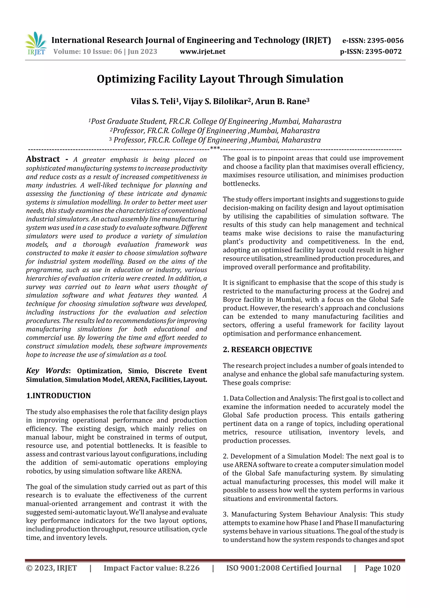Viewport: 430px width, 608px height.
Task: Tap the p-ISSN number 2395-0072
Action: pos(383,51)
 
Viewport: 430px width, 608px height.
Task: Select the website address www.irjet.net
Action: pos(202,51)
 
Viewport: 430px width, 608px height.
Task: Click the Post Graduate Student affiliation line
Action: pos(215,121)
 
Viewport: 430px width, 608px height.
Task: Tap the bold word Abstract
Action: pos(43,159)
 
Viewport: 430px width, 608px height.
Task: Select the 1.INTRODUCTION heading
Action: pos(58,396)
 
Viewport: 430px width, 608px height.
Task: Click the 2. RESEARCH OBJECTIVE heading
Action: pos(267,350)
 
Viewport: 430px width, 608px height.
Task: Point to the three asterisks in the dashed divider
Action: pos(215,148)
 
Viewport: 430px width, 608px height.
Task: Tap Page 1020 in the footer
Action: pos(382,568)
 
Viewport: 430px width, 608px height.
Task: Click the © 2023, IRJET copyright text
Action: pos(51,568)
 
